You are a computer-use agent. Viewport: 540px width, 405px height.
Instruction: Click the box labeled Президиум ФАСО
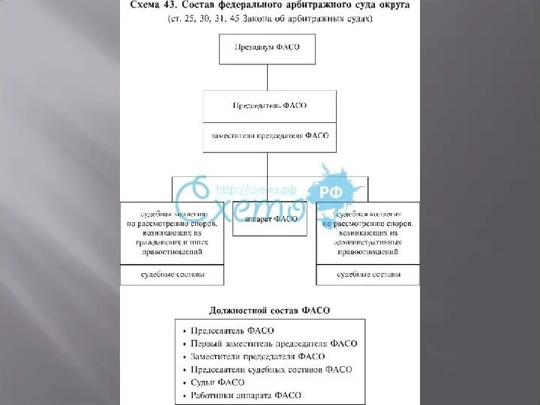(267, 49)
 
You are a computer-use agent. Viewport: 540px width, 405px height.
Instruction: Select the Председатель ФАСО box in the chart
(269, 106)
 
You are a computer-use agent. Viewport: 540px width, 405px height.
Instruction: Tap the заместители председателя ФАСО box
(269, 137)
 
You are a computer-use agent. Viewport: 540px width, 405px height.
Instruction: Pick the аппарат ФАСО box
(269, 219)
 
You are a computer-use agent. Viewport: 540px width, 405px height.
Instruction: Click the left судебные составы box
(172, 275)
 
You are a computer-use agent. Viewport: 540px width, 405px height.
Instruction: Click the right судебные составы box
(367, 275)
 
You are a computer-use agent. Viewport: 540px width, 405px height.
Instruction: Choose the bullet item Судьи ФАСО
(217, 382)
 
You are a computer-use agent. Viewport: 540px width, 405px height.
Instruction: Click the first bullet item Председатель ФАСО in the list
(232, 330)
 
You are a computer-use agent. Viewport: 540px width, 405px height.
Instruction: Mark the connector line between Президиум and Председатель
(268, 76)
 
